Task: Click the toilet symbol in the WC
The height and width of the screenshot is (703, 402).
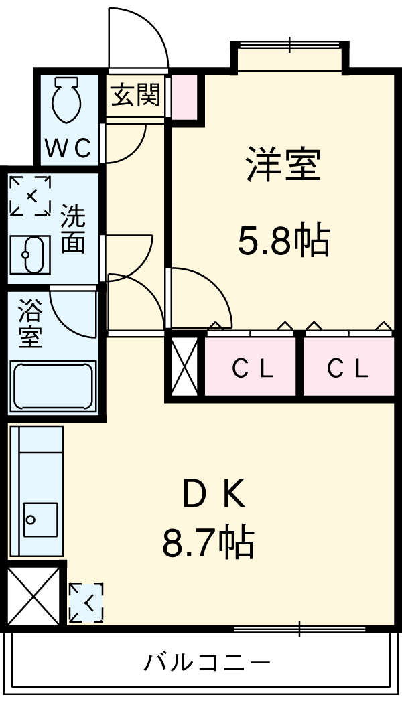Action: click(66, 100)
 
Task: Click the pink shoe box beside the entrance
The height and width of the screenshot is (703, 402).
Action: click(185, 97)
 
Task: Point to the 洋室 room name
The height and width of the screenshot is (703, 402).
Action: click(283, 165)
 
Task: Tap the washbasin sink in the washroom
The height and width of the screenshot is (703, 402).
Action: click(31, 254)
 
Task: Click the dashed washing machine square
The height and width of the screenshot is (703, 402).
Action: click(31, 196)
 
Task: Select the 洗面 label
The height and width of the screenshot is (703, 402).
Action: click(72, 229)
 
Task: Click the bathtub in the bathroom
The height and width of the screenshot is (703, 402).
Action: click(53, 386)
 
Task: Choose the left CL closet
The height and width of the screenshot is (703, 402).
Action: click(251, 367)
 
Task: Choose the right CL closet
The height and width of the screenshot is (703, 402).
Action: click(348, 367)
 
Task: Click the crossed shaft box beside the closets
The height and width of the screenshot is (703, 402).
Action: click(185, 366)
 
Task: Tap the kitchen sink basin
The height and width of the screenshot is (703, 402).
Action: click(40, 519)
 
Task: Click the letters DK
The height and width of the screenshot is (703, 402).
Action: click(214, 495)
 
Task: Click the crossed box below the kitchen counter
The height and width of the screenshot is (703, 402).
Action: click(34, 596)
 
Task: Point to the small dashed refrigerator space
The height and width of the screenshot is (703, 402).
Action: click(86, 603)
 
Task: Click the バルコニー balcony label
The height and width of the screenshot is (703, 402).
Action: click(207, 661)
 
